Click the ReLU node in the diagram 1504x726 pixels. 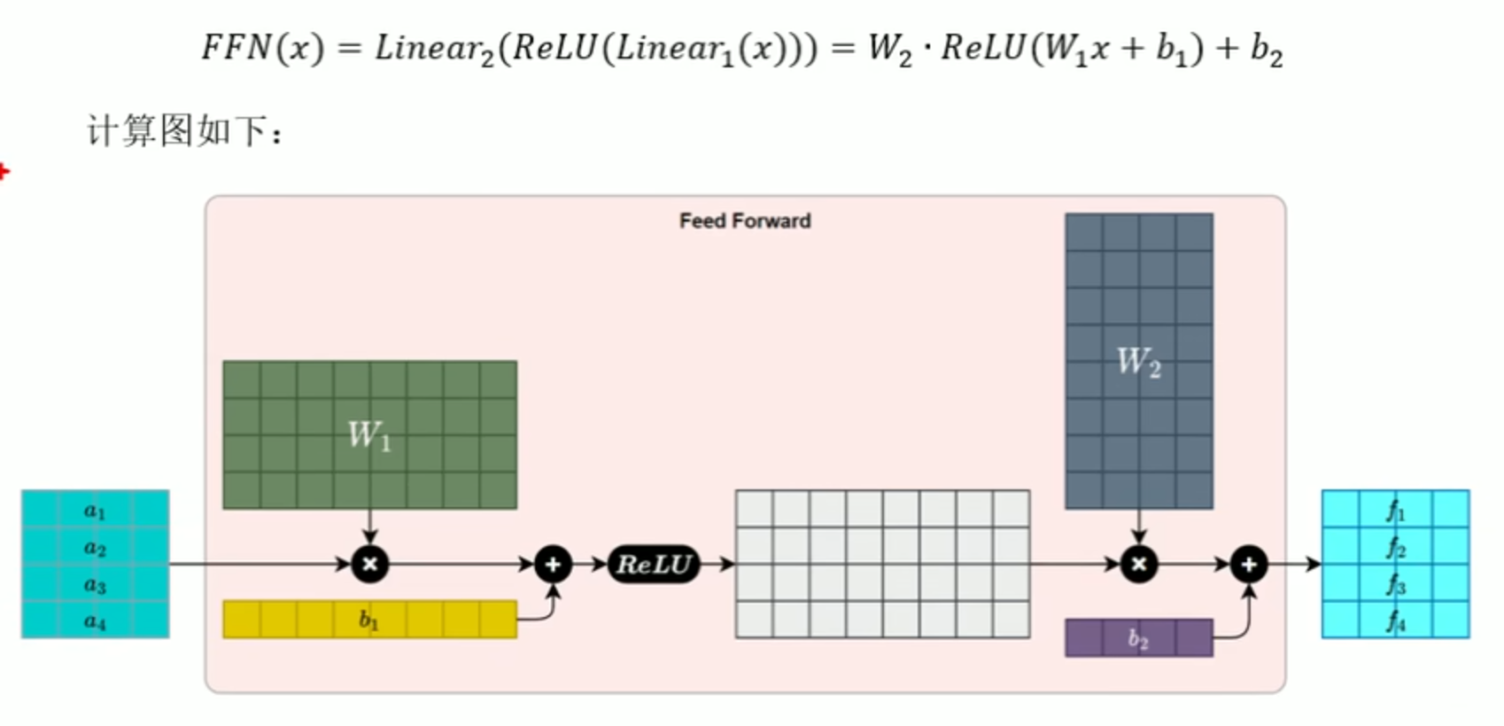tap(654, 564)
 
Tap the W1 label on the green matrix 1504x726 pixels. tap(369, 435)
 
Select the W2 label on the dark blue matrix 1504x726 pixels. tap(1139, 363)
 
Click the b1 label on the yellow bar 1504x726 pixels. tap(368, 619)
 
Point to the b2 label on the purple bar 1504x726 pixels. tap(1138, 638)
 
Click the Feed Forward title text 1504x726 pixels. tap(745, 221)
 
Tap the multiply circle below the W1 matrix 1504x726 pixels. tap(370, 564)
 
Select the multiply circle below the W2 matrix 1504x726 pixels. tap(1139, 564)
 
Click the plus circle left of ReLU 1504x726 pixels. tap(554, 564)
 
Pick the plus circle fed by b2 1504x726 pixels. tap(1249, 564)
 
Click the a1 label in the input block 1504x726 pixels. tap(95, 511)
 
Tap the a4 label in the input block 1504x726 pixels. tap(95, 621)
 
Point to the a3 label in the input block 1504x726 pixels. tap(95, 585)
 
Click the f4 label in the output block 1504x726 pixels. tap(1396, 621)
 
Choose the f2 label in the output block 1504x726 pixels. tap(1396, 549)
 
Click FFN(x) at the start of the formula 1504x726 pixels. tap(263, 49)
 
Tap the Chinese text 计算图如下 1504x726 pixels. tap(177, 130)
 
